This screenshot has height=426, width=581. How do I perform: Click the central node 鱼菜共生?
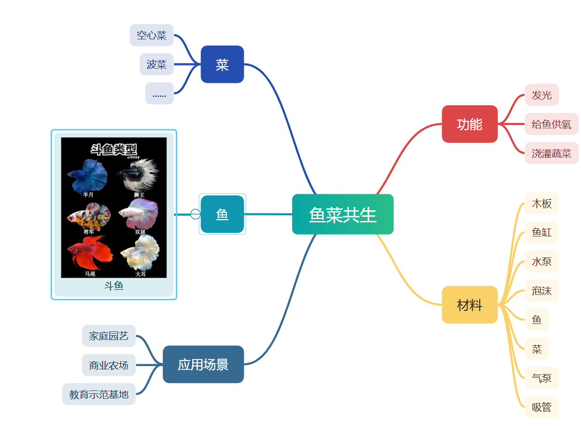[x=342, y=214]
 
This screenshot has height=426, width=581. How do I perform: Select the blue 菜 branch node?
[x=222, y=65]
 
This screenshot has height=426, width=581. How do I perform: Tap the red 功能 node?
[x=469, y=124]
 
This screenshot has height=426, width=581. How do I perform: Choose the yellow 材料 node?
[x=469, y=305]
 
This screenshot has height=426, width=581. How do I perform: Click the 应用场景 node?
[x=203, y=364]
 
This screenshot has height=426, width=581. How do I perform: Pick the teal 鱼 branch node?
[x=222, y=214]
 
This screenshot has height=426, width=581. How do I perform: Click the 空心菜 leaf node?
[x=151, y=35]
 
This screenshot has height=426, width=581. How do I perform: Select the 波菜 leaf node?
[x=157, y=64]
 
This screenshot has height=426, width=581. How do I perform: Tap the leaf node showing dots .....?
[x=159, y=94]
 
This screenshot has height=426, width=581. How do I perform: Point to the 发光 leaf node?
[x=542, y=95]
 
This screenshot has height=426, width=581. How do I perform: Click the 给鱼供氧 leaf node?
[x=551, y=124]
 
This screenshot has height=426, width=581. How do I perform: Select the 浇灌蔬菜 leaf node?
[x=551, y=153]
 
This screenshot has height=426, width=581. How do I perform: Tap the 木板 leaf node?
[x=542, y=203]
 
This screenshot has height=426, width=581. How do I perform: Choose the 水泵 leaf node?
[x=542, y=261]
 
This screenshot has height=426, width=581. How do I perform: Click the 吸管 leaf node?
[x=542, y=407]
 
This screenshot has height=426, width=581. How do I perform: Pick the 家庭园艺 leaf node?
[x=108, y=336]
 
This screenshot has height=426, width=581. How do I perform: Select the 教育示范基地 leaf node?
[x=99, y=394]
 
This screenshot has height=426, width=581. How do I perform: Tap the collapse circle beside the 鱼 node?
[x=196, y=214]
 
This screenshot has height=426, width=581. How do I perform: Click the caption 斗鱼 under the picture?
[x=114, y=286]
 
